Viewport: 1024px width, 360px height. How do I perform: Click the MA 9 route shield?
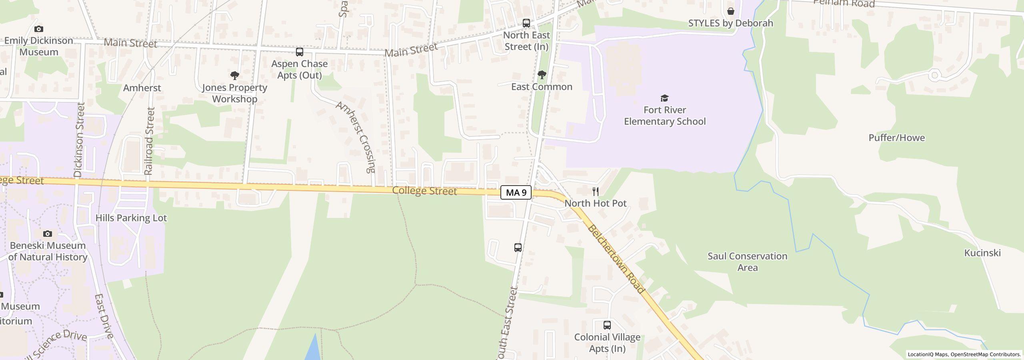click(516, 192)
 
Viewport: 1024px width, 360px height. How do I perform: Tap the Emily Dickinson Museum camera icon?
click(39, 29)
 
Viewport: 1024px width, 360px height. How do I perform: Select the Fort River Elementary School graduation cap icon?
click(664, 98)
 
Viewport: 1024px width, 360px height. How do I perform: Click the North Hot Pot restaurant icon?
click(596, 191)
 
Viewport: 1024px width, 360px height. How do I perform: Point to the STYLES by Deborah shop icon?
click(730, 11)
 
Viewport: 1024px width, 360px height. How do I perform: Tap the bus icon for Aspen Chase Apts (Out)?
click(299, 52)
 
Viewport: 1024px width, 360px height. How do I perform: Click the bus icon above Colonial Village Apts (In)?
click(607, 325)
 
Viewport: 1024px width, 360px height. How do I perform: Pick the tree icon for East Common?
click(542, 75)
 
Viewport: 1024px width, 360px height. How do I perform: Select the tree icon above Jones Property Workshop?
click(235, 75)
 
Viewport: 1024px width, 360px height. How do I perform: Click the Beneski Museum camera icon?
click(48, 234)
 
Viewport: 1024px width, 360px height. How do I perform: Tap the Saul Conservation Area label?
click(747, 262)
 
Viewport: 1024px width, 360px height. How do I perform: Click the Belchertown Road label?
click(616, 259)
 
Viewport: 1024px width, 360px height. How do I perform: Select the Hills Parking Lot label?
click(131, 218)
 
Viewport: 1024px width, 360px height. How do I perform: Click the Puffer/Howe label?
click(896, 138)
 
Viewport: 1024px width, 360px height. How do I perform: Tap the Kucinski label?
click(982, 253)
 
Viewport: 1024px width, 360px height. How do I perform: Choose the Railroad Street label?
click(149, 141)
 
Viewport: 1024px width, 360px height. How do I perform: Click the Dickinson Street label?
click(79, 140)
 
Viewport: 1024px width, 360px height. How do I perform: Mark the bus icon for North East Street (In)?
click(526, 23)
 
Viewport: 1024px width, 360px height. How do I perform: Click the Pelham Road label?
click(844, 3)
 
